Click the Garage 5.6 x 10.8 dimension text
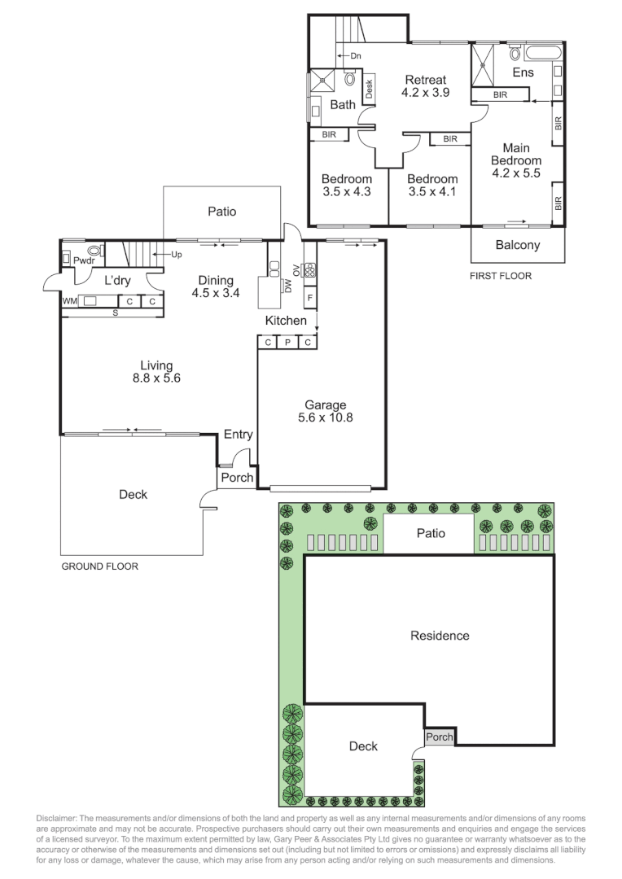coord(326,418)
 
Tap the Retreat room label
coord(426,80)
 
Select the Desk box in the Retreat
coord(369,88)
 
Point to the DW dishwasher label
coord(288,286)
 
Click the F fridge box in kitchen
coord(309,299)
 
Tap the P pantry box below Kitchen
coord(287,343)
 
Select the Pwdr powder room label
coord(84,262)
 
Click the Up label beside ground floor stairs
coord(177,255)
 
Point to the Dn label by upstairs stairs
coord(355,56)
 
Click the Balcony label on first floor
coord(518,245)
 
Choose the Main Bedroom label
coord(516,155)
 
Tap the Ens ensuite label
coord(523,73)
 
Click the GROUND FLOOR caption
coord(100,566)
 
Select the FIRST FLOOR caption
coord(501,276)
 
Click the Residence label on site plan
coord(440,636)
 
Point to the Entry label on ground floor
coord(238,435)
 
